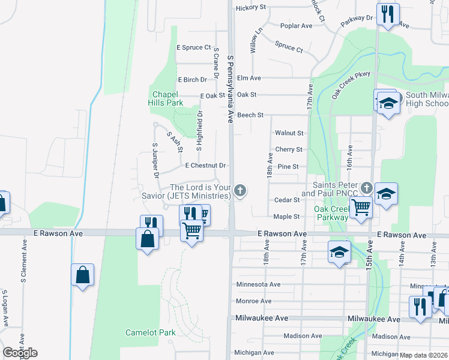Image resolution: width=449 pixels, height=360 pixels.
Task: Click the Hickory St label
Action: pos(251,7)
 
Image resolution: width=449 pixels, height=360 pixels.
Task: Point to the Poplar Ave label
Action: pos(297,26)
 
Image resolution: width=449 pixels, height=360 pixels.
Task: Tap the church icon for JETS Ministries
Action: pos(240,191)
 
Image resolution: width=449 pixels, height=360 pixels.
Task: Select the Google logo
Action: pos(19,352)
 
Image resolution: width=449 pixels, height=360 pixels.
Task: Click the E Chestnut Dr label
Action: pos(205,166)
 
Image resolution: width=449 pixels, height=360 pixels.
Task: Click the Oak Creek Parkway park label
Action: pos(331,213)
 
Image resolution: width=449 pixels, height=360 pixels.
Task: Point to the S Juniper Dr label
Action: pos(155,160)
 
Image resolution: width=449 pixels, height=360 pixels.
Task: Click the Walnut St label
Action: pos(289,133)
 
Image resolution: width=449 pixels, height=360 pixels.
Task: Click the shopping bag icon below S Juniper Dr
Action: pos(148,239)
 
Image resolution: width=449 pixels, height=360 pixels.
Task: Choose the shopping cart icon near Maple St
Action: pos(361,208)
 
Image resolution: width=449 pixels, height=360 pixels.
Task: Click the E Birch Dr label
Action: pos(192,79)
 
